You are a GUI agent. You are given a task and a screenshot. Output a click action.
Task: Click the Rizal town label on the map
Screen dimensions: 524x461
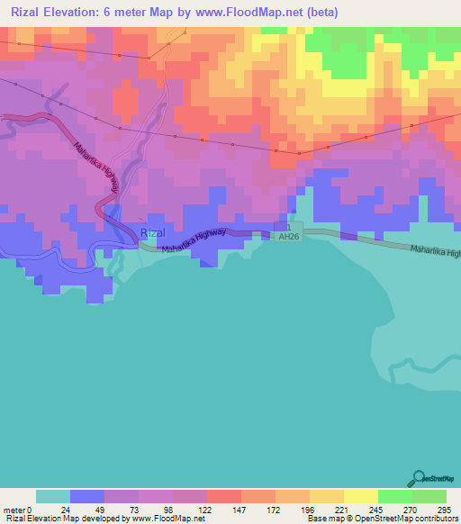point(153,232)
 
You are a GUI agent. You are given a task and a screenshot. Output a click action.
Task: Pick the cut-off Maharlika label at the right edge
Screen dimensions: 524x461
point(434,252)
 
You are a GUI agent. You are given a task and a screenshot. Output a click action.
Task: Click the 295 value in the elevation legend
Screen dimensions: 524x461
point(445,509)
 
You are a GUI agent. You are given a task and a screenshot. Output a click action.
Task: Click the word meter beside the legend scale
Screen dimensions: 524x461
point(14,509)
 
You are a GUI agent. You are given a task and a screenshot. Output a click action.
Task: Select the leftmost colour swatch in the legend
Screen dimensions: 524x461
point(53,496)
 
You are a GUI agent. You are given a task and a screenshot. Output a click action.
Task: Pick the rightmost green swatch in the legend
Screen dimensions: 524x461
point(429,496)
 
